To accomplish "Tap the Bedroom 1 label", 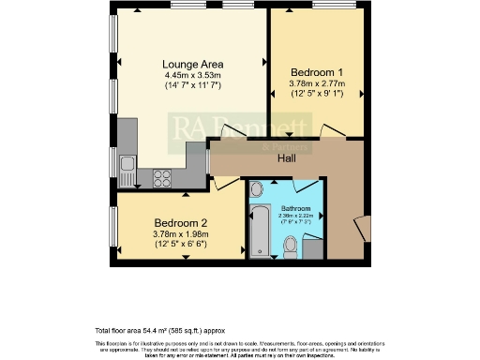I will [x=309, y=71].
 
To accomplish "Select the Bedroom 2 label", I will [x=180, y=223].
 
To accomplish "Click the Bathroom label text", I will [x=299, y=208].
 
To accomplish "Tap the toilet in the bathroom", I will [x=291, y=246].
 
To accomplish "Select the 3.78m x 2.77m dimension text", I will [x=309, y=82].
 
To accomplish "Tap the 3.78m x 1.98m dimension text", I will [x=180, y=233].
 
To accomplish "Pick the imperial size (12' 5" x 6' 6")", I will [x=180, y=244].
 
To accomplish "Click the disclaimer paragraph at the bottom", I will [x=239, y=348].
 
